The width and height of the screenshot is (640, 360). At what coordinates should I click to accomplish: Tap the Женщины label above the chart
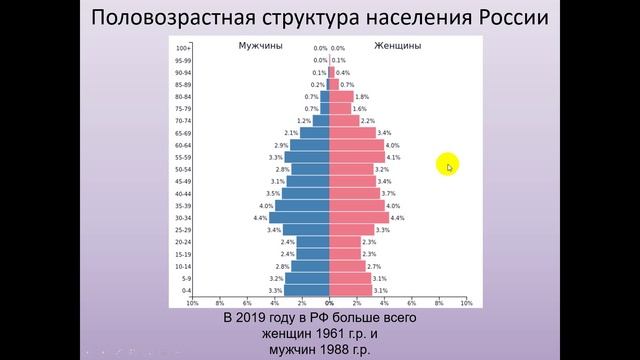point(397,46)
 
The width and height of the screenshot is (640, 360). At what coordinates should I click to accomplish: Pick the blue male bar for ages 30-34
point(299,217)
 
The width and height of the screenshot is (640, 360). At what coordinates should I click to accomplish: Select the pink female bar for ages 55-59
point(357,157)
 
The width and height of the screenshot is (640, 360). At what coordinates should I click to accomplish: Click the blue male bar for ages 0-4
point(306,290)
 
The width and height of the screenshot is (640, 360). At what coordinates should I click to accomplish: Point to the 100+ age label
point(182,48)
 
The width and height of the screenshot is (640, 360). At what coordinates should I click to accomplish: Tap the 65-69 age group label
point(182,133)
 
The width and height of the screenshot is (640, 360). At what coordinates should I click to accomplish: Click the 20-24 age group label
point(182,242)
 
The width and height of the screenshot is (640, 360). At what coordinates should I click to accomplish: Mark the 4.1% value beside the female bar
point(394,157)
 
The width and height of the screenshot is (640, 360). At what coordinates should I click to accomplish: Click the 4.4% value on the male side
point(260,218)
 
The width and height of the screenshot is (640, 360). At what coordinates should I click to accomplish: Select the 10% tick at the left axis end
point(192,303)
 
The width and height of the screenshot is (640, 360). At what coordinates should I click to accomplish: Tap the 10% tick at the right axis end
point(466,303)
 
